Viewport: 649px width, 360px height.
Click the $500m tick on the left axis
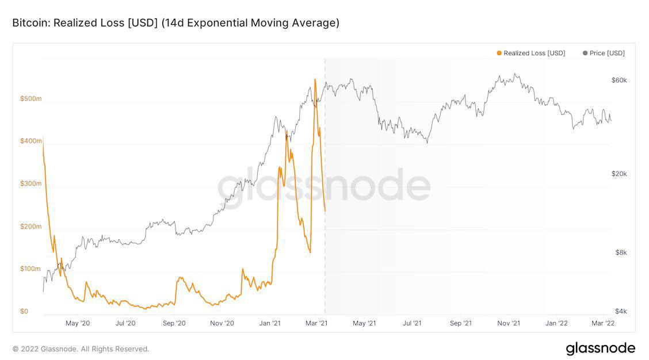[x=31, y=99]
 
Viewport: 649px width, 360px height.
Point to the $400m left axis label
[x=31, y=141]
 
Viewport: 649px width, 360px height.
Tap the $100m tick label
[x=31, y=269]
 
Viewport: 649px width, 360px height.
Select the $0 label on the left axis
[x=24, y=311]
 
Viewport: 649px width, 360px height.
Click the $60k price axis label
[x=619, y=81]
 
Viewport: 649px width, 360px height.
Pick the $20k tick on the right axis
[x=619, y=174]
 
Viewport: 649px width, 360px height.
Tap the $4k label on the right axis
[x=620, y=311]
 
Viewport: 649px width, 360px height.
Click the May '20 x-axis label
[x=78, y=323]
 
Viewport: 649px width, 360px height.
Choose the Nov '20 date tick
[x=222, y=323]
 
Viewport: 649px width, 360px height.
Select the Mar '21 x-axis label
[x=316, y=323]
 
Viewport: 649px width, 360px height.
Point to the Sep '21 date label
[x=460, y=323]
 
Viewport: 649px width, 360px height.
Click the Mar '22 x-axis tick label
[x=603, y=323]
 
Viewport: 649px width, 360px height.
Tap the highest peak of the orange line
[x=315, y=79]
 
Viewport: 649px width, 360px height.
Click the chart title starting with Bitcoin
[x=175, y=23]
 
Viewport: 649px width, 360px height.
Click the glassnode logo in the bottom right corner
[x=600, y=348]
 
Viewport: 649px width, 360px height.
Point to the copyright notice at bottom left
[x=81, y=349]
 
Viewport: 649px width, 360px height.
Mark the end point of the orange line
[x=325, y=211]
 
